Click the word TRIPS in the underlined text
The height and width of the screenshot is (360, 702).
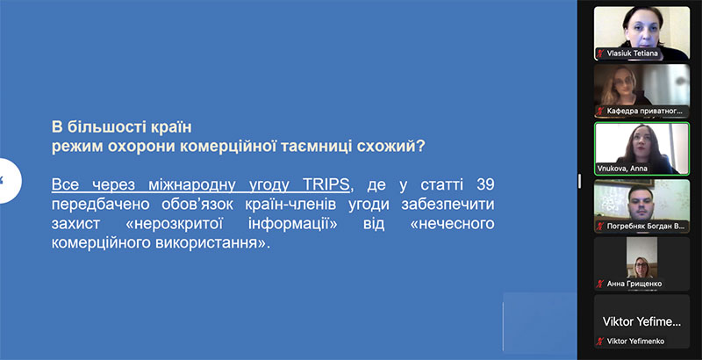(326, 184)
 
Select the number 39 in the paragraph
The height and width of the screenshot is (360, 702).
(485, 184)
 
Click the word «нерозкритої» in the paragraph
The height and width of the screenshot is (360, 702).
(174, 223)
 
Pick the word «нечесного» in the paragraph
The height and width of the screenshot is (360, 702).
(452, 223)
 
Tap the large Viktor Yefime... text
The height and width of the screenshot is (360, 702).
(641, 321)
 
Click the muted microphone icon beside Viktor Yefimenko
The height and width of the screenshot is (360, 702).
(600, 342)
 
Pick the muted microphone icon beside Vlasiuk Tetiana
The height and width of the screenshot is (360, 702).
(600, 54)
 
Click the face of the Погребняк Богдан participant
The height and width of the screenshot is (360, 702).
(641, 203)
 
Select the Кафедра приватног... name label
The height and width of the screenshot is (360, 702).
(645, 111)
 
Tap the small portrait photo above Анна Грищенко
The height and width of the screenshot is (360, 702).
(641, 257)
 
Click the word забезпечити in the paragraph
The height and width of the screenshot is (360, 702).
(448, 205)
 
